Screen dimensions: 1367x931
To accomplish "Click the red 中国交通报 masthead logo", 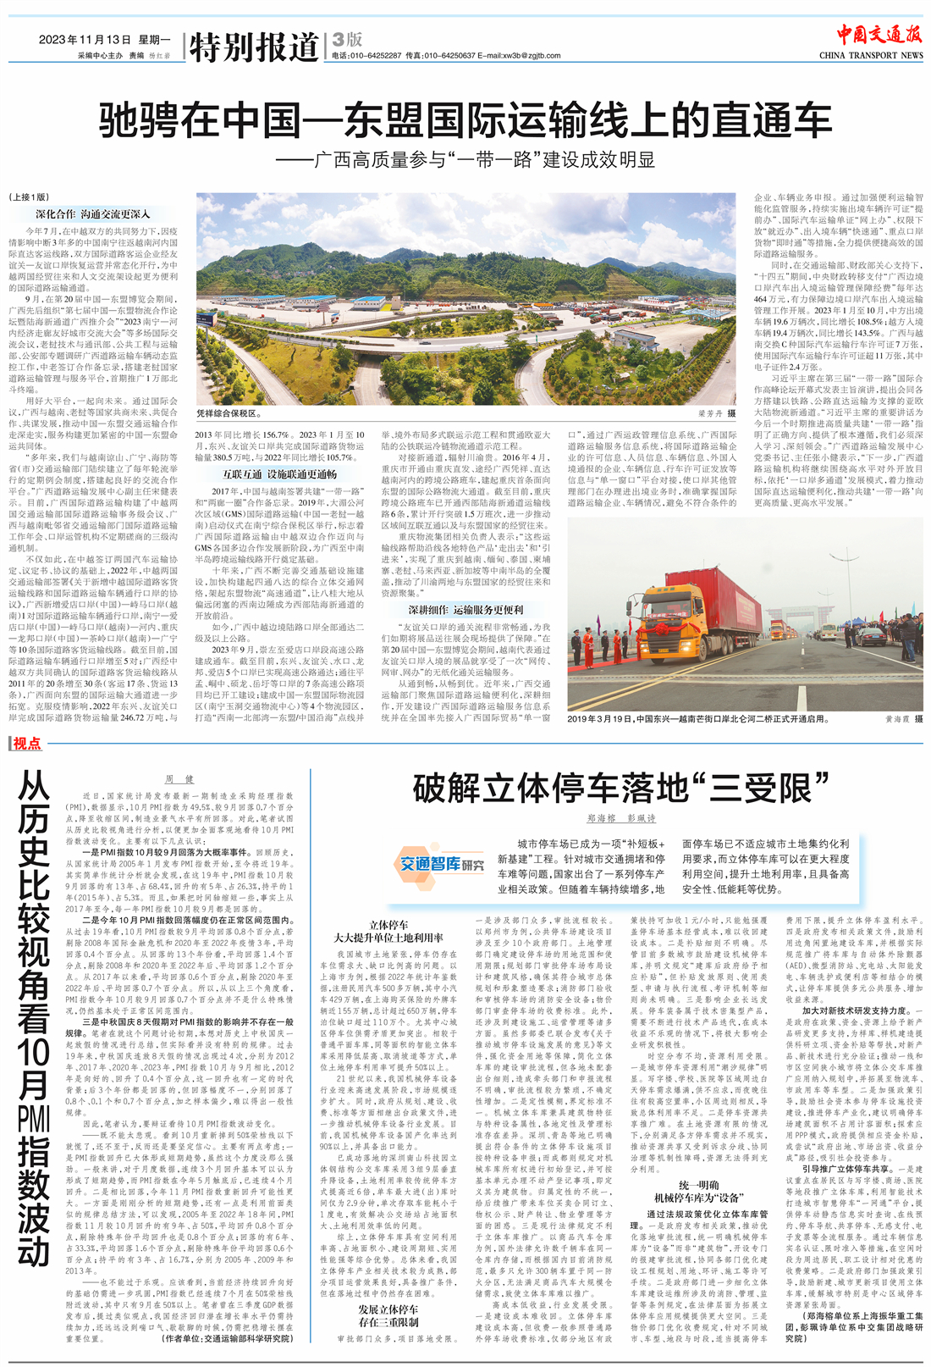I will pyautogui.click(x=879, y=35).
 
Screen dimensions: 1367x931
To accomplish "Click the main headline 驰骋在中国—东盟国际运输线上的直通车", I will pyautogui.click(x=465, y=120).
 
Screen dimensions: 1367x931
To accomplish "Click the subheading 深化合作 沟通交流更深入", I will pyautogui.click(x=92, y=215).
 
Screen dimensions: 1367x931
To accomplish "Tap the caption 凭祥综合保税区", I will pyautogui.click(x=229, y=413).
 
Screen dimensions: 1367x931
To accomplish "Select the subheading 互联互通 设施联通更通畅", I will pyautogui.click(x=278, y=475).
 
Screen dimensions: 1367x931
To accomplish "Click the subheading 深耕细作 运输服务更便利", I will pyautogui.click(x=465, y=610).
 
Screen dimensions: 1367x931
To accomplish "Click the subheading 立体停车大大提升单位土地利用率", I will pyautogui.click(x=388, y=932).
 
